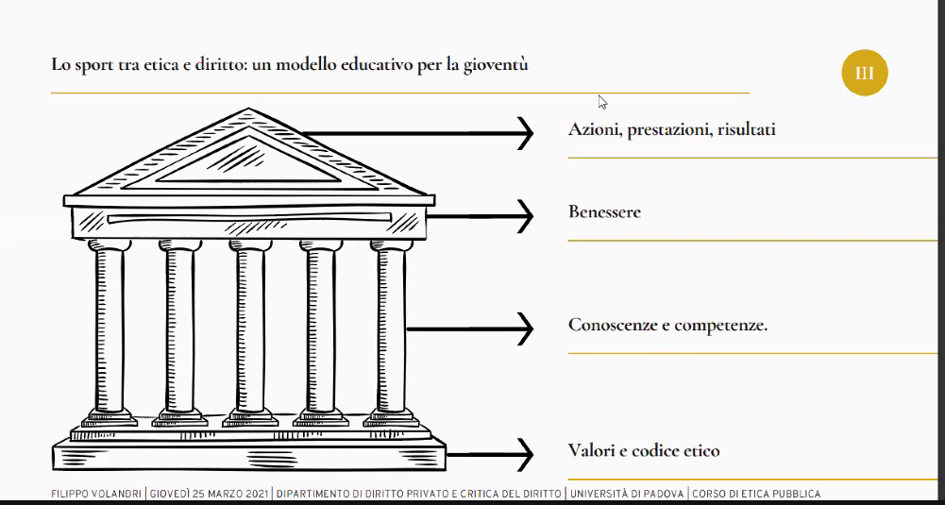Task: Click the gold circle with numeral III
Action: point(864,73)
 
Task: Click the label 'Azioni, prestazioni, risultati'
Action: point(671,129)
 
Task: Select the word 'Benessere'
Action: point(604,212)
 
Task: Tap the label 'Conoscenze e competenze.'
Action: point(667,326)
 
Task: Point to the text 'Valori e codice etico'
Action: point(644,451)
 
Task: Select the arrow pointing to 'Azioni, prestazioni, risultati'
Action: point(417,133)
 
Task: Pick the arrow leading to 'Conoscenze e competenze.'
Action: point(470,329)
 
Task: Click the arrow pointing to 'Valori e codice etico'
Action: point(490,455)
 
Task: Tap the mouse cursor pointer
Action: point(602,102)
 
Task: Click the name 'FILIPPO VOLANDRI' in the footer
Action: point(97,495)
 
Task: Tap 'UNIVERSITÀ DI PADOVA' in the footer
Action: point(627,495)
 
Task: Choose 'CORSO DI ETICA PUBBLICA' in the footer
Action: point(756,495)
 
